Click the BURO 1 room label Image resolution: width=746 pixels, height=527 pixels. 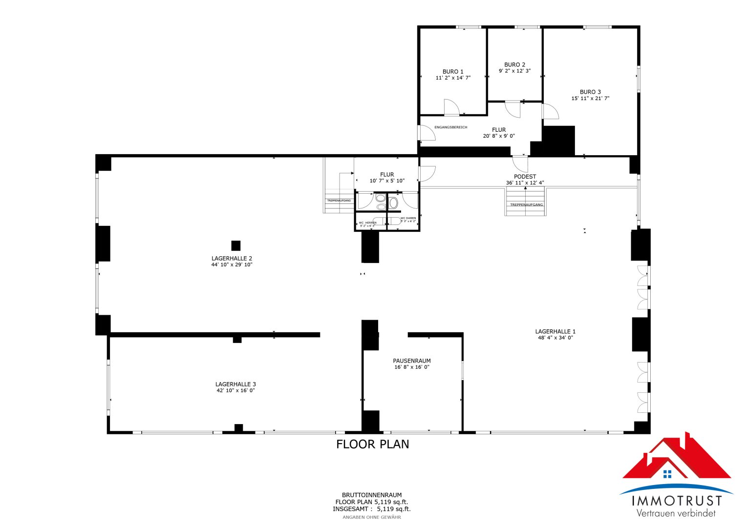coord(453,72)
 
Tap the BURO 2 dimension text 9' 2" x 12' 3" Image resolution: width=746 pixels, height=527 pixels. coord(514,71)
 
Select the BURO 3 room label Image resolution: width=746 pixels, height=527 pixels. coord(590,92)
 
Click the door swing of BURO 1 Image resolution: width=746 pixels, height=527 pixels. coord(451,107)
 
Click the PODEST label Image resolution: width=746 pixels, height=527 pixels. coord(525,177)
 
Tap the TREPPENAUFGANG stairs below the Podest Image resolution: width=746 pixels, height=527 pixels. coord(526,201)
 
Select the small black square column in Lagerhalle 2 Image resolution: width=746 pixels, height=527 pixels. coord(236,245)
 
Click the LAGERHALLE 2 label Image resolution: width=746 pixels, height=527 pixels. coord(232,258)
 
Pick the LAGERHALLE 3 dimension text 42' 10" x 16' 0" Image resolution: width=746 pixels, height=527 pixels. coord(235,390)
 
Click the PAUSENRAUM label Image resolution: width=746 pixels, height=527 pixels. coord(412,361)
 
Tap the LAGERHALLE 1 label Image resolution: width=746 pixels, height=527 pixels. coord(555,331)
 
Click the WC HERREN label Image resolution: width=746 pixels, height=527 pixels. coord(367,223)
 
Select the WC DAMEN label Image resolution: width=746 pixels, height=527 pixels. coord(408,218)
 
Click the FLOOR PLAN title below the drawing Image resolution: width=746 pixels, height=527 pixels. coord(372,444)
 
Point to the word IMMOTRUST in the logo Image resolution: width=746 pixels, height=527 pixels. coord(677,501)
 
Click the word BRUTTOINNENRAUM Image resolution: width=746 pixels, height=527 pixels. coord(372,495)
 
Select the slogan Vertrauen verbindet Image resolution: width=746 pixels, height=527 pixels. coord(676,513)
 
